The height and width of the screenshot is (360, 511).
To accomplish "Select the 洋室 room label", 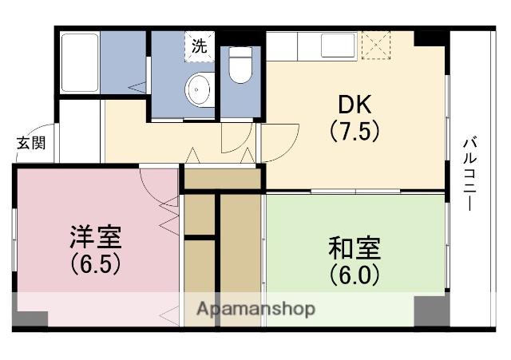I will click(x=94, y=238).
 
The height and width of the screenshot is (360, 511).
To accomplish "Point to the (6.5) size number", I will click(x=94, y=263).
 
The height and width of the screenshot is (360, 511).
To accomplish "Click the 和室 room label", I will click(x=354, y=248).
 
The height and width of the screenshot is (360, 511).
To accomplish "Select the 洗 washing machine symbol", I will click(x=199, y=45).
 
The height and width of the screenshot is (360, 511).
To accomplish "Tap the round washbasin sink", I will click(x=199, y=89).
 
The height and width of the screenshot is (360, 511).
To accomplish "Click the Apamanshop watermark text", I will click(x=255, y=308).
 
